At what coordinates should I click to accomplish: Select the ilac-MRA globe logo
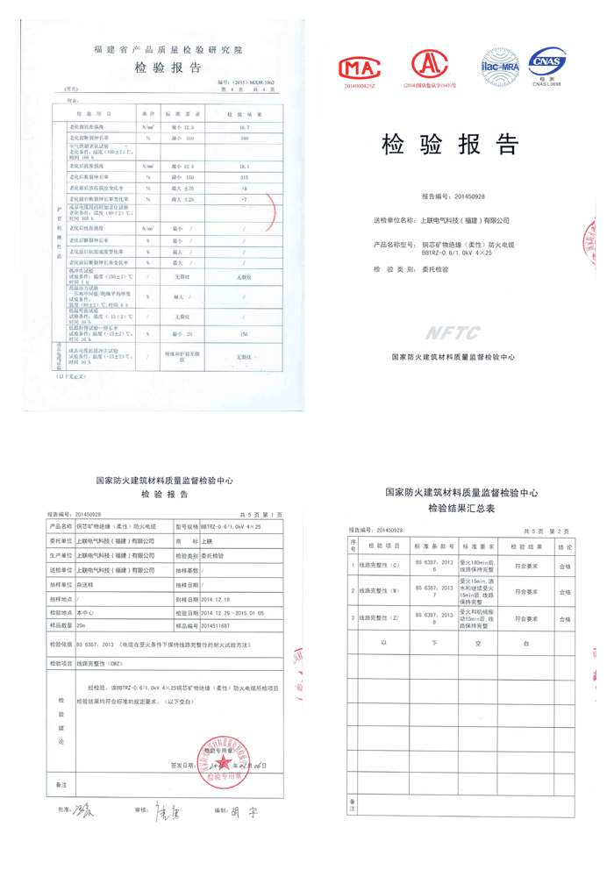coord(500,63)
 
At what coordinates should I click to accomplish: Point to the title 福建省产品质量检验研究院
coord(168,51)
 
